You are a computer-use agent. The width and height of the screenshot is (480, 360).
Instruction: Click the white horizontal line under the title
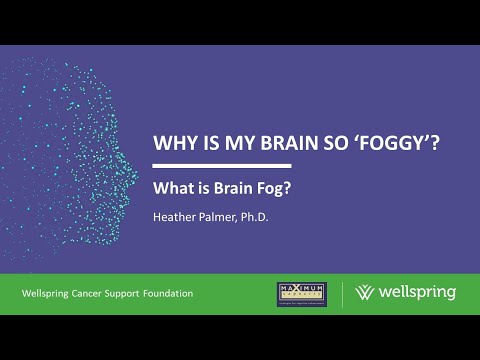[x=221, y=165]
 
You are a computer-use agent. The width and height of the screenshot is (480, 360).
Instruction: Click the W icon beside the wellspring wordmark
[x=366, y=294]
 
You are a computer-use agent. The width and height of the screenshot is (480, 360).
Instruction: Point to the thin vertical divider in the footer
[x=343, y=294]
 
